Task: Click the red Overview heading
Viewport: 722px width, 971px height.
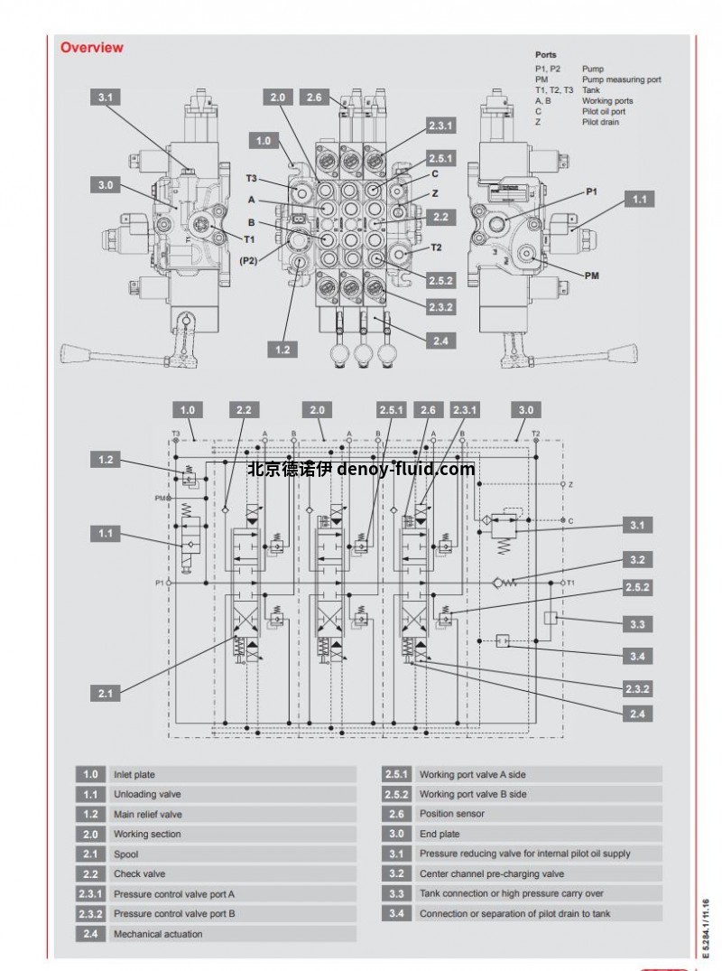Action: point(91,48)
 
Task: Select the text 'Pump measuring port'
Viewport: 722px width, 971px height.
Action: point(621,79)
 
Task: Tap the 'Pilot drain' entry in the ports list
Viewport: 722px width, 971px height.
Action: point(600,122)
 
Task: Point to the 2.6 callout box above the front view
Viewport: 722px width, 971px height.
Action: point(314,98)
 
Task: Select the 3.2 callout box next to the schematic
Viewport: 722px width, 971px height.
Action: point(637,559)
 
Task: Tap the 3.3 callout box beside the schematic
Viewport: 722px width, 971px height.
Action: point(637,624)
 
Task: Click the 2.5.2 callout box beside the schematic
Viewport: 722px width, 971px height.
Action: point(637,588)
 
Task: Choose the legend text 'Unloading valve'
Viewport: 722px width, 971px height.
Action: point(147,795)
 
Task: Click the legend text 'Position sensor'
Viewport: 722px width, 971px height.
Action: point(451,815)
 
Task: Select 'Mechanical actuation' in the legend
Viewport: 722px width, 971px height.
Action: point(158,934)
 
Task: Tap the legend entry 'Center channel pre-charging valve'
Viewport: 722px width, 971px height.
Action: point(492,874)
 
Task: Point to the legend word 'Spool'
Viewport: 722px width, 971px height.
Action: point(125,854)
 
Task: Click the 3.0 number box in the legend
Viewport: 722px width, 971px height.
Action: point(395,835)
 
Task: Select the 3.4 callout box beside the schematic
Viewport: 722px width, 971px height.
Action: point(637,656)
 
